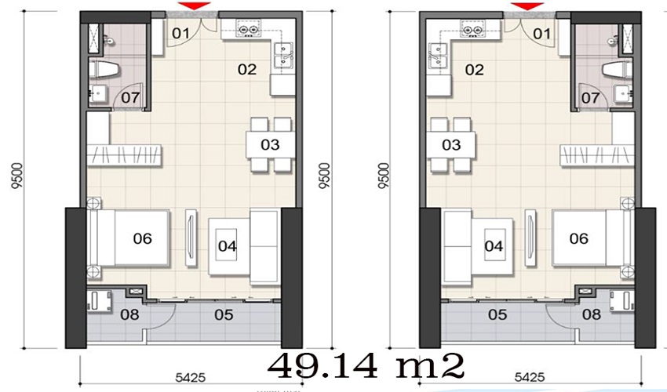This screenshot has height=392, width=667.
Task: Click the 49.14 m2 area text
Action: pyautogui.click(x=366, y=366)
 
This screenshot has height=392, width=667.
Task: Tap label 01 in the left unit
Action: pyautogui.click(x=180, y=33)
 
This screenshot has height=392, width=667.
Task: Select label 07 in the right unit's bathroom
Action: pyautogui.click(x=590, y=98)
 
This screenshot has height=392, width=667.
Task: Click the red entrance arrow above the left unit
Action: pyautogui.click(x=194, y=6)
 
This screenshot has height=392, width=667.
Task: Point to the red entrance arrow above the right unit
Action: pyautogui.click(x=527, y=6)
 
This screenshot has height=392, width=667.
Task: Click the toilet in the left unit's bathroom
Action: pyautogui.click(x=103, y=69)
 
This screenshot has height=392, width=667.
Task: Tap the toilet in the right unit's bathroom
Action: pyautogui.click(x=618, y=69)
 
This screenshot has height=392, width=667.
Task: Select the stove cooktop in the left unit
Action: pyautogui.click(x=249, y=30)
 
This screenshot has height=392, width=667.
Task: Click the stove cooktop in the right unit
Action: pyautogui.click(x=472, y=30)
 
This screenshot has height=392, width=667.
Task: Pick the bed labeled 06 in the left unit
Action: pyautogui.click(x=129, y=238)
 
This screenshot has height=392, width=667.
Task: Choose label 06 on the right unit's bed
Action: pyautogui.click(x=578, y=238)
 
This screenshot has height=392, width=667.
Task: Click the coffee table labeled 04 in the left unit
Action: pyautogui.click(x=228, y=245)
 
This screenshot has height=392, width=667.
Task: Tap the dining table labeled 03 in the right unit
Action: pyautogui.click(x=451, y=145)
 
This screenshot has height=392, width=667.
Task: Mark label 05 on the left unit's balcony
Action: pyautogui.click(x=224, y=314)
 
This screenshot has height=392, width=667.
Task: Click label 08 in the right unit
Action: pyautogui.click(x=592, y=314)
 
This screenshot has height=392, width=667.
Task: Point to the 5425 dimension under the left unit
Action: pyautogui.click(x=191, y=377)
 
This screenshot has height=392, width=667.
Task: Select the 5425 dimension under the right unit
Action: pyautogui.click(x=530, y=377)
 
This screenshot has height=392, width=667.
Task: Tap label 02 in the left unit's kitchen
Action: pyautogui.click(x=247, y=69)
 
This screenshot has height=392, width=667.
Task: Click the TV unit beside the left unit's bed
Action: pyautogui.click(x=191, y=238)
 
